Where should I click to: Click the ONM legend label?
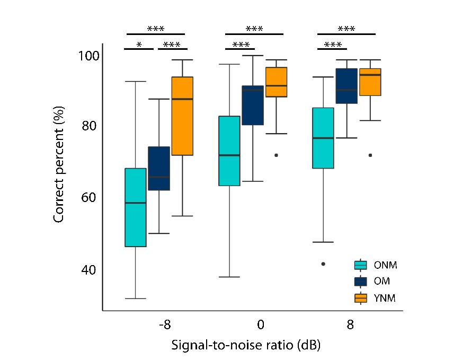click(385, 264)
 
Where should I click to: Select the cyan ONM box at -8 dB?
click(135, 207)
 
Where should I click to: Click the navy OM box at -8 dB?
click(158, 168)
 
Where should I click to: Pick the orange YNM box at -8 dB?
click(182, 116)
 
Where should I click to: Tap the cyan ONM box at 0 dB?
click(229, 151)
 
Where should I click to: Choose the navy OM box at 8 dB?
click(347, 86)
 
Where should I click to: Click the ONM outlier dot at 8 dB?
click(323, 264)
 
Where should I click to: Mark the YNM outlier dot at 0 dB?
click(276, 155)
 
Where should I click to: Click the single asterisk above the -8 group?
click(139, 45)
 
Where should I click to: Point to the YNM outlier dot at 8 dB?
click(370, 155)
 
